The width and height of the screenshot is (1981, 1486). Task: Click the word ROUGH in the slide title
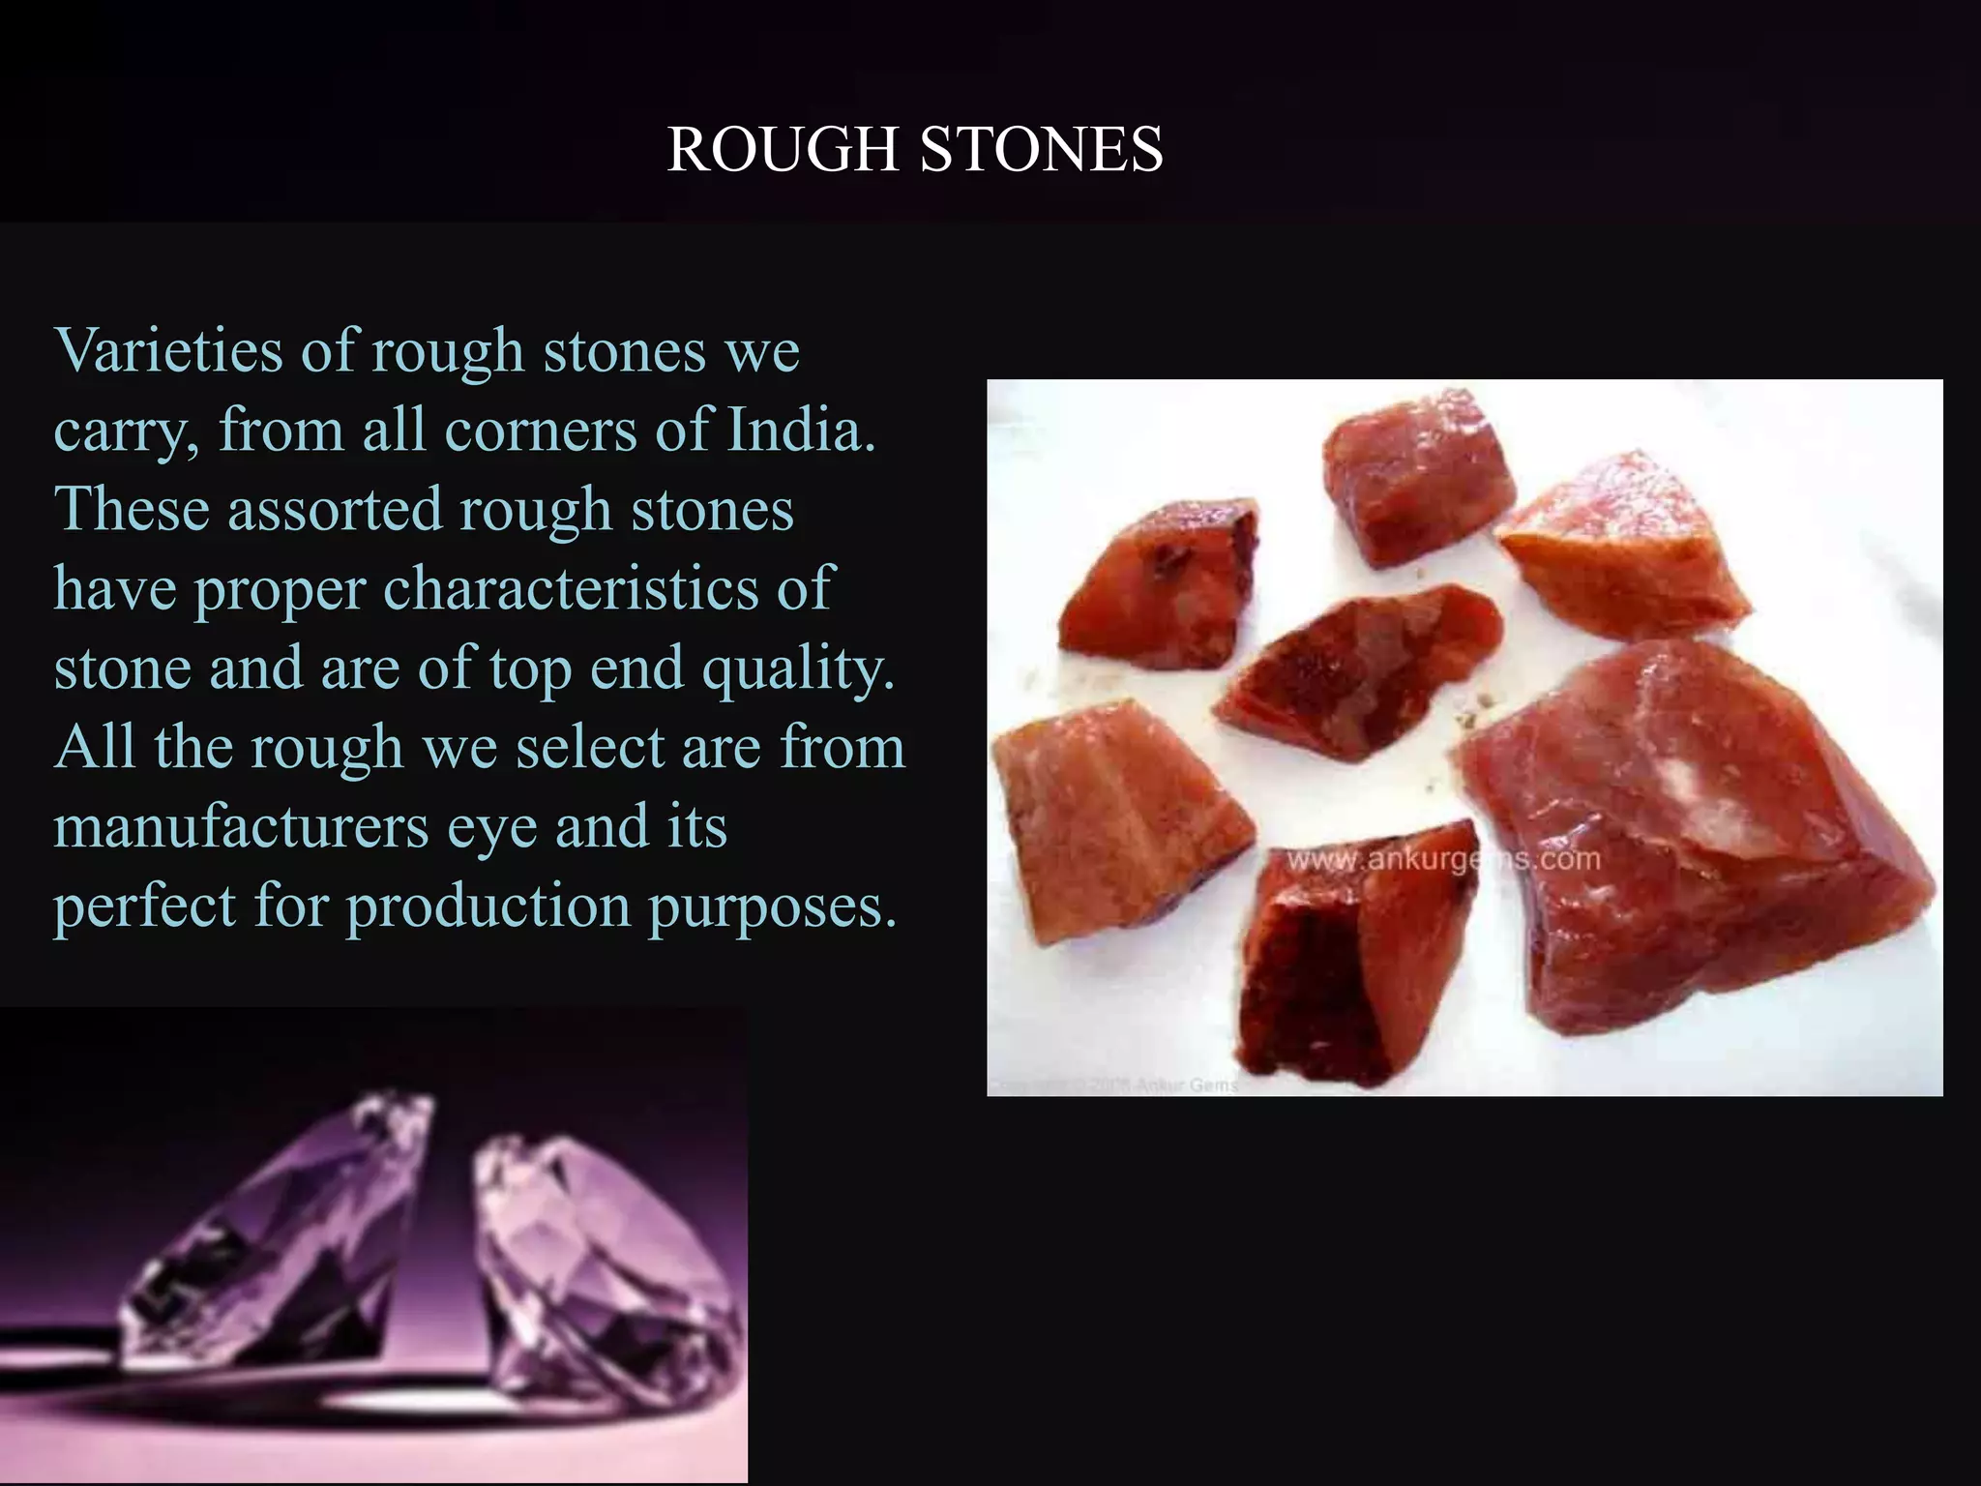782,150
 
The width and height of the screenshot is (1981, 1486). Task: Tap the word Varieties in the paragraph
168,350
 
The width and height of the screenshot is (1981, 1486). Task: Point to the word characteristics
571,588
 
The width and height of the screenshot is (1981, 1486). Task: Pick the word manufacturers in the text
241,828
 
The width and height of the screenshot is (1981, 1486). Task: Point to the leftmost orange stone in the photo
1112,822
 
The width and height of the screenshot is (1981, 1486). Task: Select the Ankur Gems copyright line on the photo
1112,1085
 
